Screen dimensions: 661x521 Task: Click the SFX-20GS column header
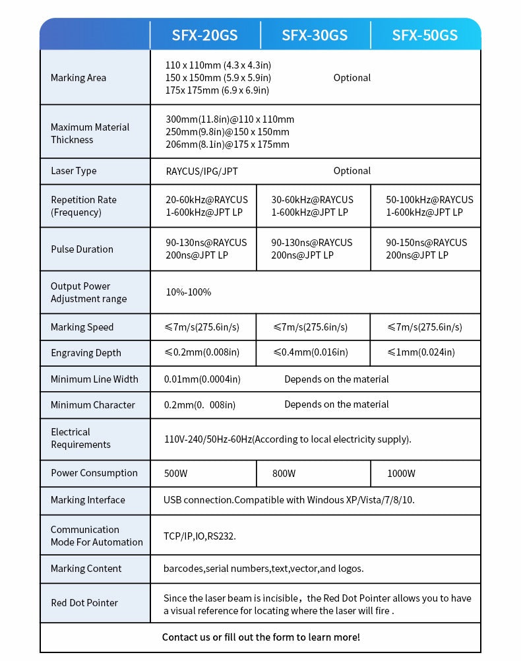(x=204, y=35)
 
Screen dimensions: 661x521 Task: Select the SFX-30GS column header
(x=315, y=35)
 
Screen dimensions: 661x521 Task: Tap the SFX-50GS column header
(x=425, y=35)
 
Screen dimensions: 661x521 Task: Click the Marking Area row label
(x=78, y=78)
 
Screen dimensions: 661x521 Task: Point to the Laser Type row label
(x=73, y=171)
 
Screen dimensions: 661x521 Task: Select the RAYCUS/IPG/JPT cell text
(x=202, y=172)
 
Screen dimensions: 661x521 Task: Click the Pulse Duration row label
(x=82, y=249)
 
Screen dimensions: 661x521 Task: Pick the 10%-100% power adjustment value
(x=188, y=292)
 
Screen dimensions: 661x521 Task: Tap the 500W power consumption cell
(x=175, y=473)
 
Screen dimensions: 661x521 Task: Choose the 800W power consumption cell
(x=284, y=473)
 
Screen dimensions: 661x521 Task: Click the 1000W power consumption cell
(x=401, y=473)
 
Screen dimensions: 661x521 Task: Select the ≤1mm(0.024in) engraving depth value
(x=421, y=352)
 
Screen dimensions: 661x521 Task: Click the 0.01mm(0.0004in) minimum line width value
(x=202, y=379)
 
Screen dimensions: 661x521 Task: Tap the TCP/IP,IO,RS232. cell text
(x=199, y=536)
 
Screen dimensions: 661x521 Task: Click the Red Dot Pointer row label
(x=84, y=603)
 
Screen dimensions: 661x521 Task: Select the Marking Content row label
(x=86, y=569)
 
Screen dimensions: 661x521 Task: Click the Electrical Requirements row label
(x=80, y=438)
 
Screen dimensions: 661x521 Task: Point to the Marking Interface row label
(x=88, y=500)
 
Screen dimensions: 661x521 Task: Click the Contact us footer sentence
(x=260, y=637)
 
